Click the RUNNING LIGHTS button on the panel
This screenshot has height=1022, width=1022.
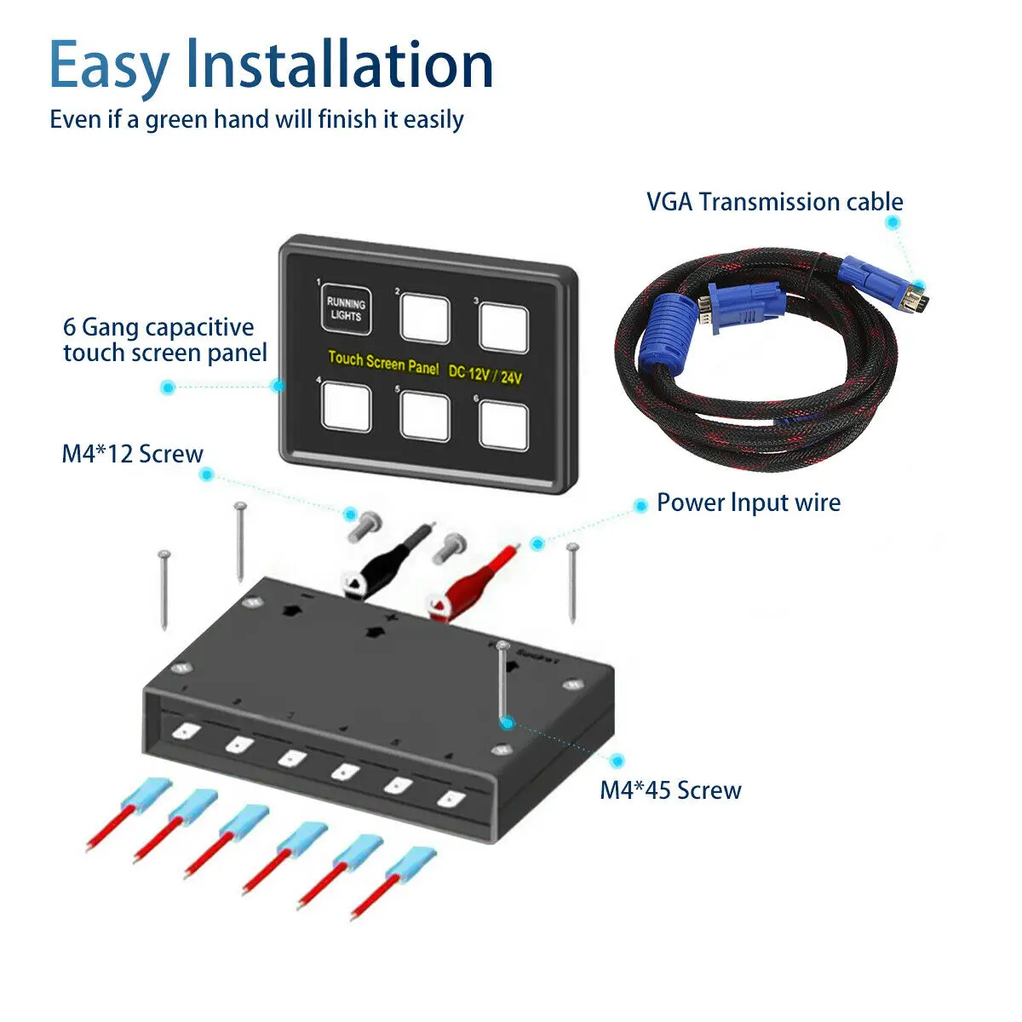(x=346, y=309)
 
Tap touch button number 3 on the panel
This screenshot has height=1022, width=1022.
(x=503, y=325)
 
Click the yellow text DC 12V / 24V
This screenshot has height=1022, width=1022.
(x=485, y=374)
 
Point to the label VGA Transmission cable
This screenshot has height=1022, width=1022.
(x=774, y=202)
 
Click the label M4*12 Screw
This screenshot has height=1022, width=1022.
(x=132, y=454)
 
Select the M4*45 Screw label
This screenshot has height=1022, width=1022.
(x=670, y=790)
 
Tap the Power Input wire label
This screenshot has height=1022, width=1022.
(x=748, y=502)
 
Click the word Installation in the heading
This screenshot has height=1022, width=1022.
(x=339, y=66)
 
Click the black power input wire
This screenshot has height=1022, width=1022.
(x=388, y=562)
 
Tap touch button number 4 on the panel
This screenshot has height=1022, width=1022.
(x=347, y=405)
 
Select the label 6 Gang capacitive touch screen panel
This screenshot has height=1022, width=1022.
(x=164, y=340)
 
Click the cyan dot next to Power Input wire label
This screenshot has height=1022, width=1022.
(x=641, y=507)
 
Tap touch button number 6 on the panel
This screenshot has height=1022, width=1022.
(x=503, y=424)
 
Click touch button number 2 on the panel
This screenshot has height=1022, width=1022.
(x=425, y=317)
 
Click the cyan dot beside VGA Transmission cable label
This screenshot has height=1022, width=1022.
(x=892, y=223)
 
